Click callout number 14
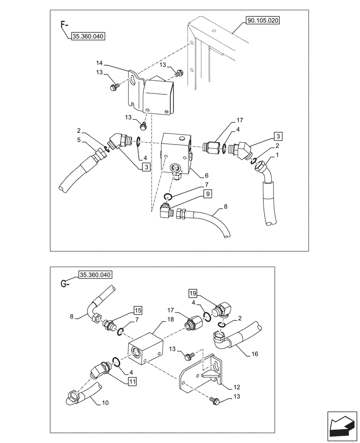click(98, 64)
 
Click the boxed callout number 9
click(208, 194)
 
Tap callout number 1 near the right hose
click(278, 155)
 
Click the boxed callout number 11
click(133, 381)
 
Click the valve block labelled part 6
click(176, 153)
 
